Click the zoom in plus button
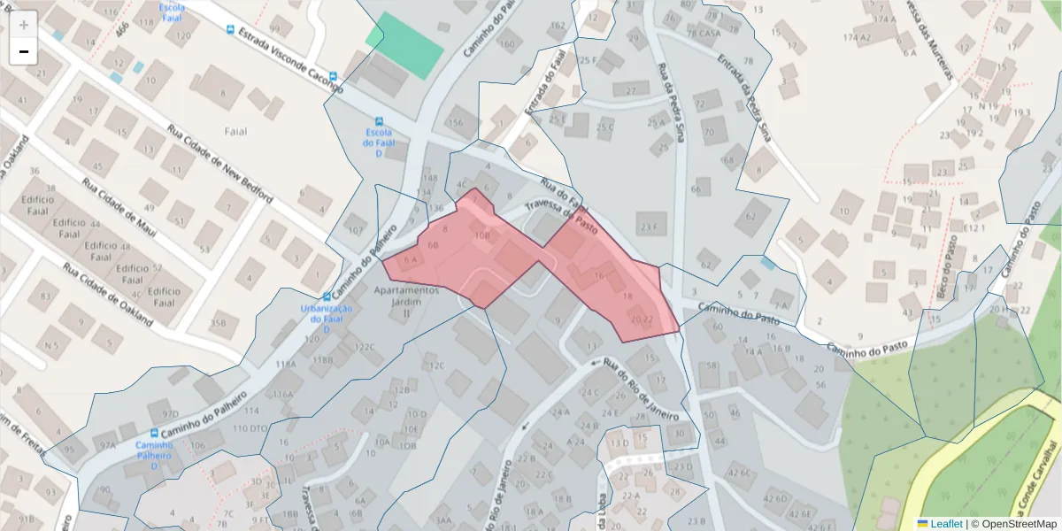tap(24, 25)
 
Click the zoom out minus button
tap(24, 51)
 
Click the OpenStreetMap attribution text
tap(1013, 524)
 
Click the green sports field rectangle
tap(405, 44)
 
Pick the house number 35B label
tap(218, 323)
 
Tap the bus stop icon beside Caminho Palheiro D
tap(155, 433)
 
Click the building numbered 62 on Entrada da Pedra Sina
tap(751, 215)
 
